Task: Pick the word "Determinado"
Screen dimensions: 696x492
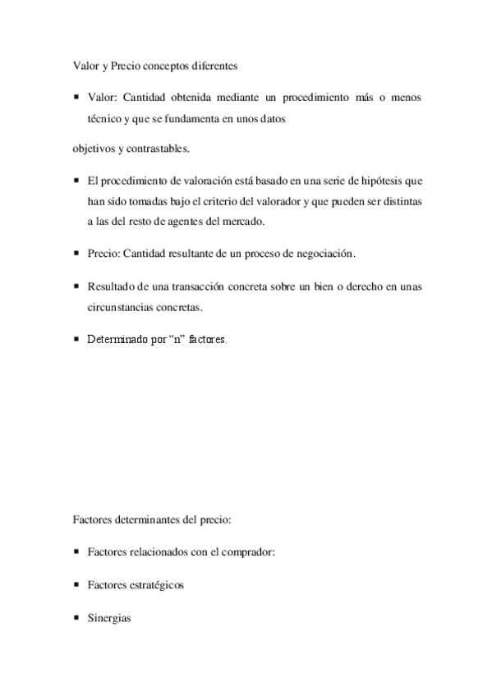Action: tap(117, 338)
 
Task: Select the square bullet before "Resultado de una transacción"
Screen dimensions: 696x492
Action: tap(76, 286)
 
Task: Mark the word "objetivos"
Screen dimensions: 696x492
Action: tap(90, 150)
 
